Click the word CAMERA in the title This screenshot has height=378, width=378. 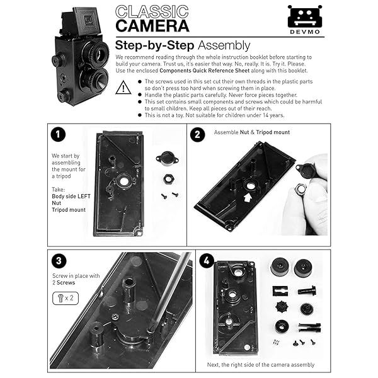(152, 26)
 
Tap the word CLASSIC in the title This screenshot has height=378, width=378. (152, 11)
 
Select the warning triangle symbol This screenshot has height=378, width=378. (124, 88)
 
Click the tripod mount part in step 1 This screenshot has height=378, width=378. (166, 159)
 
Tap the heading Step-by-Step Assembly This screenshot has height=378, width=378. (182, 45)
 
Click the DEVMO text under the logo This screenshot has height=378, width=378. (304, 30)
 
